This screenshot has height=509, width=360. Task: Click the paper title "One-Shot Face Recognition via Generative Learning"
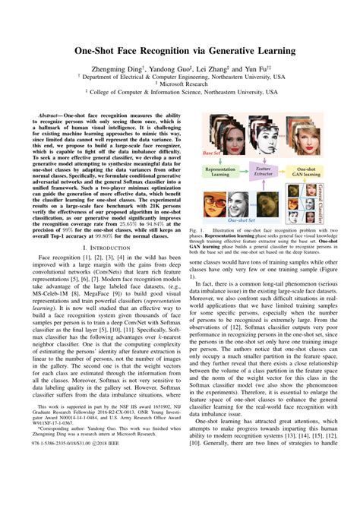(179, 52)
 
